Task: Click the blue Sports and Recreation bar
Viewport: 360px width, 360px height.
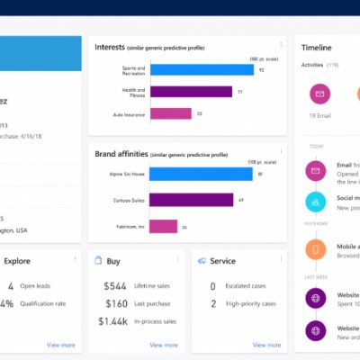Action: pyautogui.click(x=202, y=69)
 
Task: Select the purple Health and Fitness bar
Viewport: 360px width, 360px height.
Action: pyautogui.click(x=191, y=91)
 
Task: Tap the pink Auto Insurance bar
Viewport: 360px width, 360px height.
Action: pyautogui.click(x=171, y=113)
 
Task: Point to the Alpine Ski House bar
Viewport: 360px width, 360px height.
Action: pyautogui.click(x=201, y=174)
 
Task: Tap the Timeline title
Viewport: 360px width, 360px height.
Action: pyautogui.click(x=316, y=47)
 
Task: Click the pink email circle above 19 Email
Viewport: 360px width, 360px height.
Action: pyautogui.click(x=319, y=94)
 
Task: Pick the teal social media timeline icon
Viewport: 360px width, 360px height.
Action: pyautogui.click(x=315, y=202)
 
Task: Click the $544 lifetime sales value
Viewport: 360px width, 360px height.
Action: pyautogui.click(x=115, y=286)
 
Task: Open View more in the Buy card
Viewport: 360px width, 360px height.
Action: pyautogui.click(x=164, y=345)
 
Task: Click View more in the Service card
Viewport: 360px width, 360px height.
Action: pyautogui.click(x=266, y=345)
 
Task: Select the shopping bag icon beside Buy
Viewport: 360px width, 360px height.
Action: pyautogui.click(x=101, y=261)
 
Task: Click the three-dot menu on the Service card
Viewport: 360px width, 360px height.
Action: pyautogui.click(x=280, y=259)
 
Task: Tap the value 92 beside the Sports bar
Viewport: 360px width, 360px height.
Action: pyautogui.click(x=261, y=69)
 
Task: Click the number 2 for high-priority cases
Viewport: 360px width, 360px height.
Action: pyautogui.click(x=212, y=303)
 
